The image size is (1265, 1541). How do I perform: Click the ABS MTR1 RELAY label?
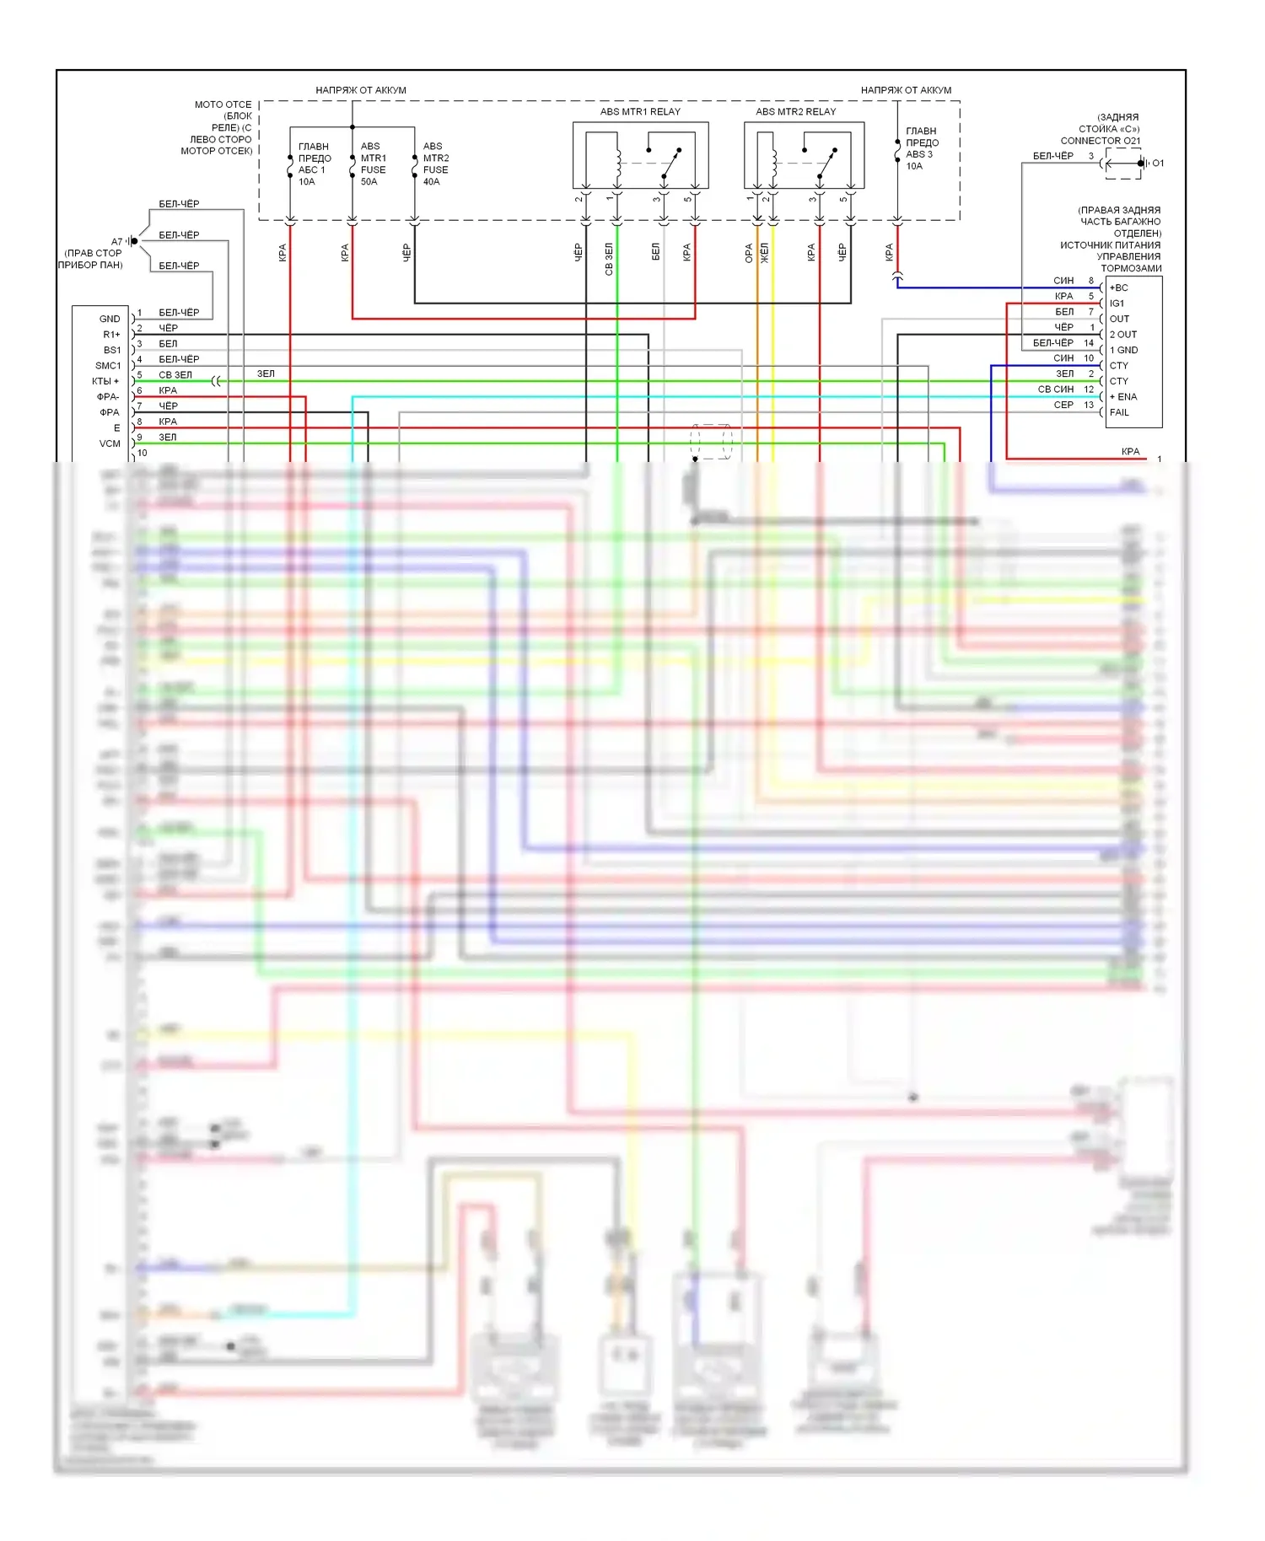click(x=640, y=111)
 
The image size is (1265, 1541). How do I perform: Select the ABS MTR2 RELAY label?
click(x=795, y=111)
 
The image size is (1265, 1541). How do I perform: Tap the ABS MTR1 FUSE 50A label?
click(x=373, y=164)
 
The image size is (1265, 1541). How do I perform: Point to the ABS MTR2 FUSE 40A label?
click(x=435, y=164)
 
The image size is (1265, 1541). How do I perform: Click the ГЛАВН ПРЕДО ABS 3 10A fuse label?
click(x=921, y=148)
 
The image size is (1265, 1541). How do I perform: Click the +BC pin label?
click(x=1118, y=287)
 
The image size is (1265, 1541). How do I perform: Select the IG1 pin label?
click(x=1117, y=303)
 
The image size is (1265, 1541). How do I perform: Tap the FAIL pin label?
click(x=1119, y=412)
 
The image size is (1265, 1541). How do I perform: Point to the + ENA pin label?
click(x=1123, y=397)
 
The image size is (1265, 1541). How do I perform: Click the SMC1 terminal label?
click(x=108, y=366)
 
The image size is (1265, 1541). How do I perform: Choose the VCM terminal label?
click(x=110, y=443)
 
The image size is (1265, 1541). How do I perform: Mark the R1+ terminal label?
click(x=111, y=335)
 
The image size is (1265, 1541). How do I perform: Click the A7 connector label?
click(x=116, y=242)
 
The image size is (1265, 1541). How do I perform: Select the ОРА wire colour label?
click(x=749, y=253)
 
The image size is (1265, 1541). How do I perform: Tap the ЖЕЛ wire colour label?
click(x=765, y=253)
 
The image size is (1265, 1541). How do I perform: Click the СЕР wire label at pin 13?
click(x=1063, y=405)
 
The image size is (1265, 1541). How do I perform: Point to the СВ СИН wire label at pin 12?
click(x=1055, y=389)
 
